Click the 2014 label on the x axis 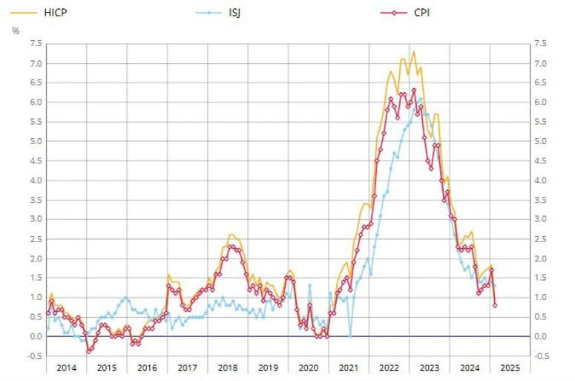point(65,367)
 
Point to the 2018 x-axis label point(227,367)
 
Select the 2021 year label point(348,367)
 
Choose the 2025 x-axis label point(509,367)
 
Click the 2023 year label point(429,367)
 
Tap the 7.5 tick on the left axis point(34,44)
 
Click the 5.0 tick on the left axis point(34,141)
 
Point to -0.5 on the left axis point(33,356)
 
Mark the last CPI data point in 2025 point(495,305)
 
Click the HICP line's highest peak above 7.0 point(414,52)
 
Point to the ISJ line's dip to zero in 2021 point(350,336)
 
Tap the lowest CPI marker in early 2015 point(88,351)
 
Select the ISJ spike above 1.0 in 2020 point(310,285)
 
